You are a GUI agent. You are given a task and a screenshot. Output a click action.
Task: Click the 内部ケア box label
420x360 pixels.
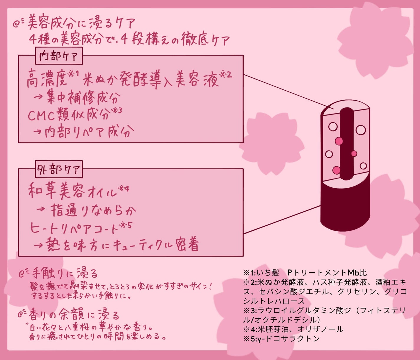click(59, 56)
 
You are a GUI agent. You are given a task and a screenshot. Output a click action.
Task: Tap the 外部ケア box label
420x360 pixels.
click(59, 169)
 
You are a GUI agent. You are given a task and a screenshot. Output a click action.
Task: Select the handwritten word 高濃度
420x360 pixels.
click(47, 79)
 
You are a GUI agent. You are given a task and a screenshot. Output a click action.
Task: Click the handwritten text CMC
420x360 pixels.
click(41, 115)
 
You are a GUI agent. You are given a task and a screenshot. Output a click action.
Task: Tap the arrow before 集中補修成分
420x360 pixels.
click(38, 97)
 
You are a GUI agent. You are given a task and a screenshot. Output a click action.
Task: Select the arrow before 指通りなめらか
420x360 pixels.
click(41, 209)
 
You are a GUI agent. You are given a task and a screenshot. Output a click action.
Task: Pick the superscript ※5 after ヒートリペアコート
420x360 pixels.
click(126, 225)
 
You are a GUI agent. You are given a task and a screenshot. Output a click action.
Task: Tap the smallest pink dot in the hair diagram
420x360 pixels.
click(354, 153)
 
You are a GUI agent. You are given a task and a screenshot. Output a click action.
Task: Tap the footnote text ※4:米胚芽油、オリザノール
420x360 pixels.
click(293, 329)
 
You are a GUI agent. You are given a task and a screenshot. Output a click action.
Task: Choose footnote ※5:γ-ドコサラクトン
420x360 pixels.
click(282, 338)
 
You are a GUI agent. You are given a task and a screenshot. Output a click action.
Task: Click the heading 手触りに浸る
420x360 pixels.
click(65, 274)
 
